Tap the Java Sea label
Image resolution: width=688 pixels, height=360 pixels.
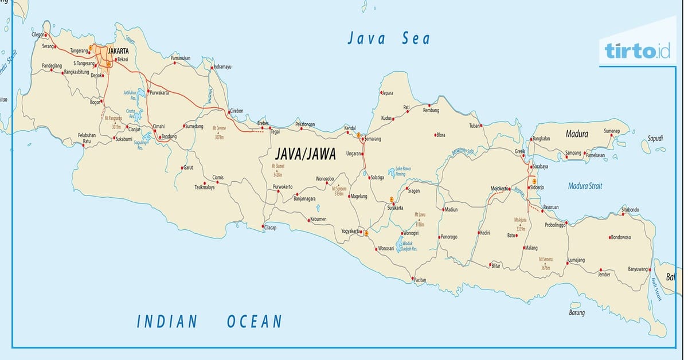(x=388, y=38)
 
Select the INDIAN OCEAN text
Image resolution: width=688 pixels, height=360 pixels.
(x=209, y=322)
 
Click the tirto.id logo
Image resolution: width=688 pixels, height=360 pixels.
(x=637, y=51)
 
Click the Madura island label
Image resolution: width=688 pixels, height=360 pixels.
(x=576, y=134)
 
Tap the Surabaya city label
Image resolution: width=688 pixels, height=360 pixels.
(x=540, y=166)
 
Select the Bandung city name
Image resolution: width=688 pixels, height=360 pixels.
(x=169, y=136)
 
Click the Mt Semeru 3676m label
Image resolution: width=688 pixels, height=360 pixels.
(x=544, y=263)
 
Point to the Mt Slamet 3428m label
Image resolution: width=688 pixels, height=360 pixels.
(x=277, y=170)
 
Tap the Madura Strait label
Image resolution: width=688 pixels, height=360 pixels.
(x=585, y=186)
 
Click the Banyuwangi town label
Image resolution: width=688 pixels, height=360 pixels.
(x=638, y=269)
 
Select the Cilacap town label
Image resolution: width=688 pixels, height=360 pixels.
(x=270, y=228)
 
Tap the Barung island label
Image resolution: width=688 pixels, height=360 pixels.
(x=577, y=313)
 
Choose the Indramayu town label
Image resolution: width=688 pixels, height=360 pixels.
(x=222, y=67)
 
